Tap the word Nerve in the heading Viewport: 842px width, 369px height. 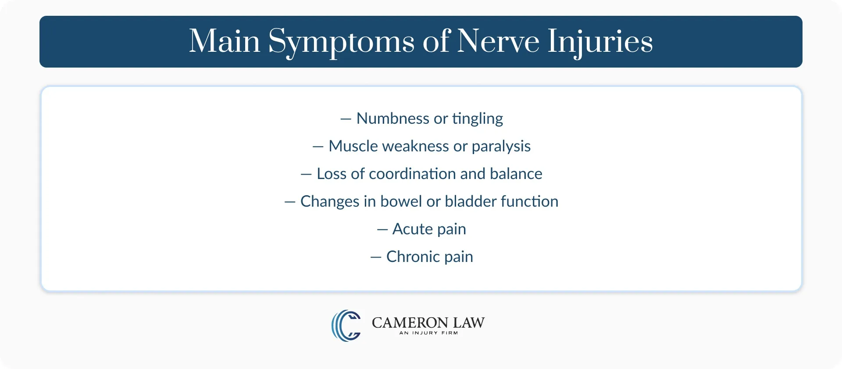coord(498,42)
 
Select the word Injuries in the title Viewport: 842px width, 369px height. coord(600,42)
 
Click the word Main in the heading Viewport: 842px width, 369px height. coord(225,41)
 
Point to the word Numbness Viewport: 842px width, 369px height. coord(392,118)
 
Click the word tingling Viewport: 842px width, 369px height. coord(478,119)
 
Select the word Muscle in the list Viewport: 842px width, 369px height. coord(353,146)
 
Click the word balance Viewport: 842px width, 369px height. coord(516,174)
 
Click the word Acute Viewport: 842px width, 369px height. coord(412,229)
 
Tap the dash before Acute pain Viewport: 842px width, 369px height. coord(382,229)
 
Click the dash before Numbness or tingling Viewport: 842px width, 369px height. coord(346,119)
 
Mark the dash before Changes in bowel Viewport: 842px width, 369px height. coord(290,202)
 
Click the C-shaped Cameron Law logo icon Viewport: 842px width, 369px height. coord(346,326)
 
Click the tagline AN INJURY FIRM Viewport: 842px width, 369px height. coord(428,333)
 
